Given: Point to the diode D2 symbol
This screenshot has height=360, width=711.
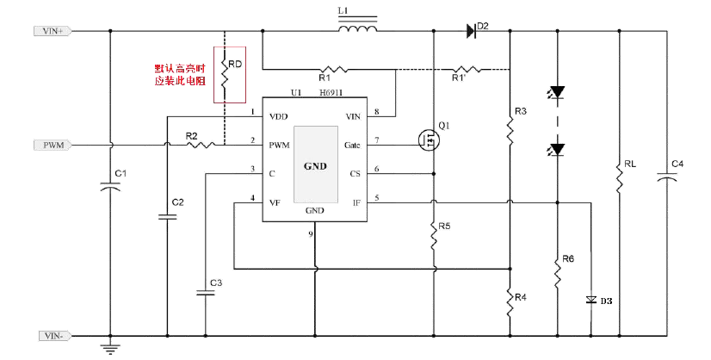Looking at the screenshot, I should (473, 31).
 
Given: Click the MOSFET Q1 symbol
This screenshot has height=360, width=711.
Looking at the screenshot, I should (428, 141).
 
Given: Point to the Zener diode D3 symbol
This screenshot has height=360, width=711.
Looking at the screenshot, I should (590, 300).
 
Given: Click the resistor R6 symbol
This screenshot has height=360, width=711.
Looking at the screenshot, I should (557, 271).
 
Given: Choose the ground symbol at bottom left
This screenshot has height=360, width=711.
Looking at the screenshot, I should (110, 347).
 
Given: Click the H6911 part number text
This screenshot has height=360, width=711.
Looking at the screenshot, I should (333, 91).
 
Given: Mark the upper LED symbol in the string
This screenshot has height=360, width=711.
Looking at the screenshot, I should (557, 91).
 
